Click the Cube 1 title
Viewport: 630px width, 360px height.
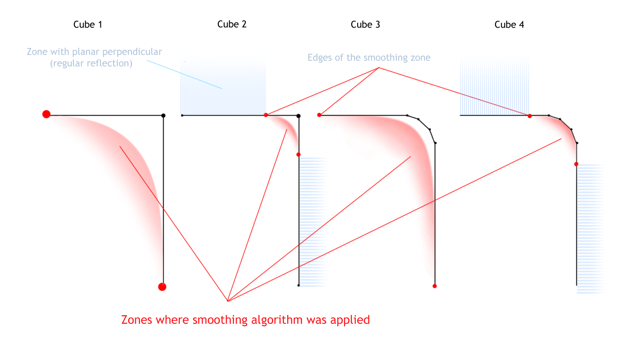88,24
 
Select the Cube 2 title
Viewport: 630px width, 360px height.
232,24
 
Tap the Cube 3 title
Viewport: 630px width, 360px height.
365,24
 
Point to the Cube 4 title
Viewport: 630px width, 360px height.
509,24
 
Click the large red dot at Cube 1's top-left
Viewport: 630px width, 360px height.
46,114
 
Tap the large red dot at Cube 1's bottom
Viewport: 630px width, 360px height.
162,287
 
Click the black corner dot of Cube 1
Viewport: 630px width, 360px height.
164,116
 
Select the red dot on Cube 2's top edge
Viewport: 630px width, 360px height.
266,115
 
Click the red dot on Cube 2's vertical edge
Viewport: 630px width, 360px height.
298,155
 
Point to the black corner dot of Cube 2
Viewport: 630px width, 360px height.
298,116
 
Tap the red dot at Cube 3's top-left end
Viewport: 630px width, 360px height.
319,115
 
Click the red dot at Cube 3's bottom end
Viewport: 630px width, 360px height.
434,286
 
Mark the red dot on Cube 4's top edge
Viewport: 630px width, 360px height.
530,116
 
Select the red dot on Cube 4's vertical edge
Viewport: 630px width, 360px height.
576,164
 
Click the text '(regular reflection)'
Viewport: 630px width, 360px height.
91,63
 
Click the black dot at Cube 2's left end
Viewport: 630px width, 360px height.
182,115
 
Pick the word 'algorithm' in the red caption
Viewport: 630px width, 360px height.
277,320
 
